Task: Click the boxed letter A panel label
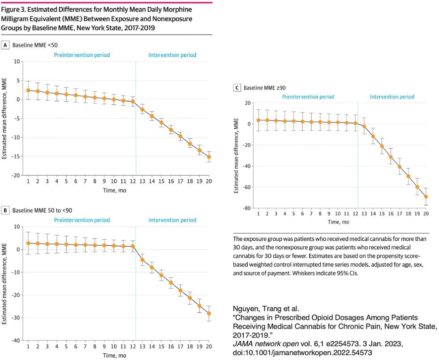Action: [5, 45]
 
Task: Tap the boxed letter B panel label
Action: [5, 210]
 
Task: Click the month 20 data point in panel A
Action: [209, 157]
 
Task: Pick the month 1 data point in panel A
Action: [28, 90]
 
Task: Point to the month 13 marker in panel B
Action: [142, 260]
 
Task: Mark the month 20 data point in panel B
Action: [209, 313]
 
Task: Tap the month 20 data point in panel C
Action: [426, 197]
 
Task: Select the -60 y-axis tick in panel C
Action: [246, 187]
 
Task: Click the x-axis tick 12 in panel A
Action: [133, 181]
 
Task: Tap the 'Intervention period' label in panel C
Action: [392, 97]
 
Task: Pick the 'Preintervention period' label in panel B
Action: [82, 220]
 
